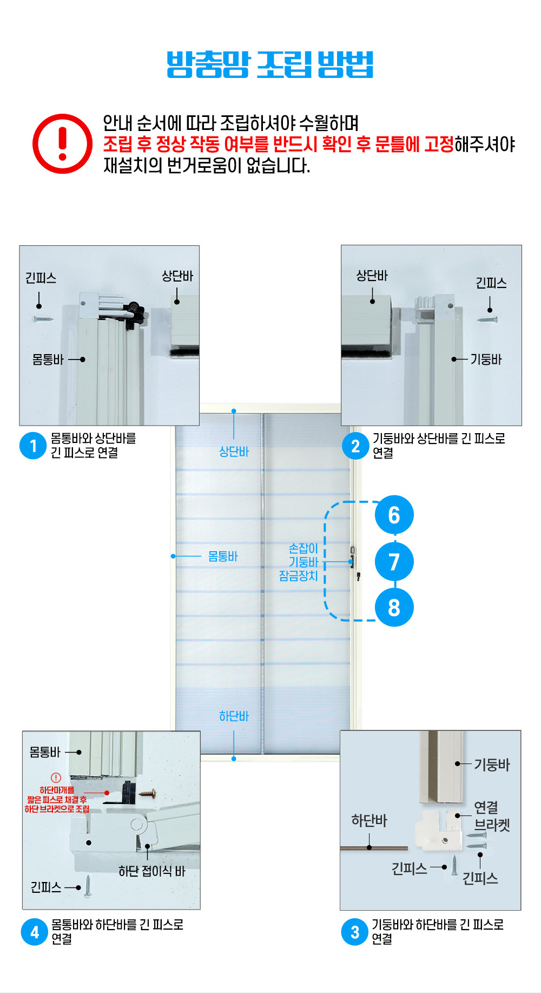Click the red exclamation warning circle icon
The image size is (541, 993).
62,143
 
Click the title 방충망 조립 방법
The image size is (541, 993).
270,65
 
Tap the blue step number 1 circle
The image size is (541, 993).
33,446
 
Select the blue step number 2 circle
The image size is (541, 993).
355,446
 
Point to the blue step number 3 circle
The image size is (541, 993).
355,932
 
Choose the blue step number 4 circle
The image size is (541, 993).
35,932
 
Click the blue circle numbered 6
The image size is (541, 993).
394,515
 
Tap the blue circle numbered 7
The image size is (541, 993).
394,561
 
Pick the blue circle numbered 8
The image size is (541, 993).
394,607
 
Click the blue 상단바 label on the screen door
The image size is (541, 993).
234,452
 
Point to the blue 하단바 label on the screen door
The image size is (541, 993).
234,716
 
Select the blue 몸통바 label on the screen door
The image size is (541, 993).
223,557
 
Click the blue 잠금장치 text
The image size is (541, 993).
298,576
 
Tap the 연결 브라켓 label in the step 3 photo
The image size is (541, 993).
492,816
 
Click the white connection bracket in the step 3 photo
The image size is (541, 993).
438,828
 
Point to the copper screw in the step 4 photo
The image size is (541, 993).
148,794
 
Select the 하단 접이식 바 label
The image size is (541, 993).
152,871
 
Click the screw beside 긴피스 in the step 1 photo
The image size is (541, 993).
43,319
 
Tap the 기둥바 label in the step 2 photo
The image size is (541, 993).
486,360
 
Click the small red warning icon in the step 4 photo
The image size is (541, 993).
56,778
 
